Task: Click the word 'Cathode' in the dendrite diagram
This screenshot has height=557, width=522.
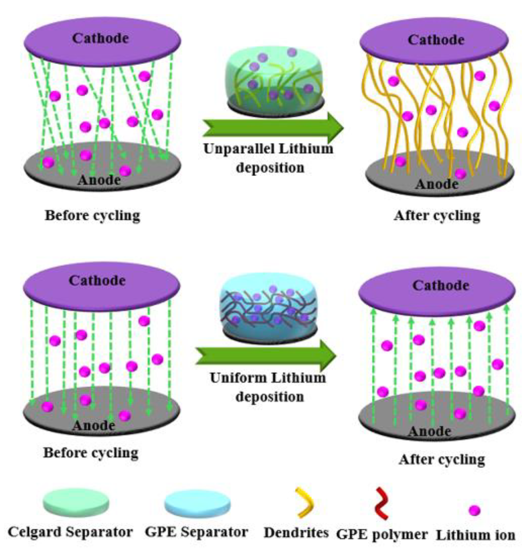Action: [x=436, y=40]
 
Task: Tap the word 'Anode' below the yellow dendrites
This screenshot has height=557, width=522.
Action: [x=437, y=184]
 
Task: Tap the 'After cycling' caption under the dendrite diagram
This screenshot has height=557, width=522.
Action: [x=437, y=215]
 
